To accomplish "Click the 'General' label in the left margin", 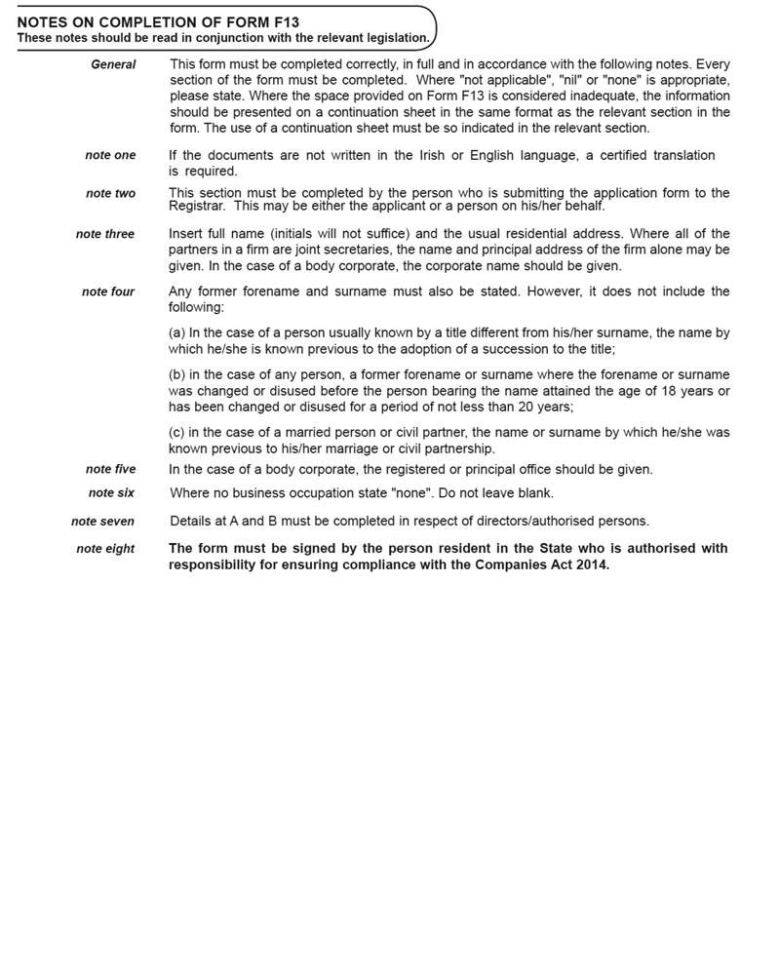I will point(113,64).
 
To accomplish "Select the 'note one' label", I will point(110,155).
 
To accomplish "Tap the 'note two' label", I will point(110,193).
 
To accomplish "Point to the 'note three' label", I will point(105,234).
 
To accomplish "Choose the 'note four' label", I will point(108,291).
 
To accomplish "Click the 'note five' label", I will point(110,469).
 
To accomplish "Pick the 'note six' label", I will point(111,493).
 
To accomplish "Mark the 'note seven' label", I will point(102,522).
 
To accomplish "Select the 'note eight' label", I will point(105,549).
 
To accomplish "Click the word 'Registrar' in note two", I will point(199,206).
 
